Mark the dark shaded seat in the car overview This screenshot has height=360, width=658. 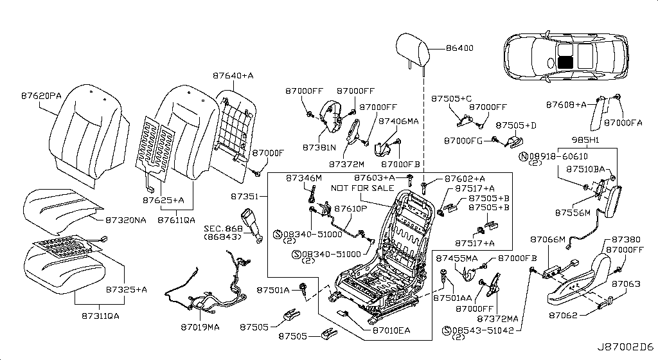coord(565,62)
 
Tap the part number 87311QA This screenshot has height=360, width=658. coord(102,316)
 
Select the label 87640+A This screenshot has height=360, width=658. coord(233,76)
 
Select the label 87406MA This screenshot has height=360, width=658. coord(398,120)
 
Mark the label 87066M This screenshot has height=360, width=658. coord(547,239)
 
